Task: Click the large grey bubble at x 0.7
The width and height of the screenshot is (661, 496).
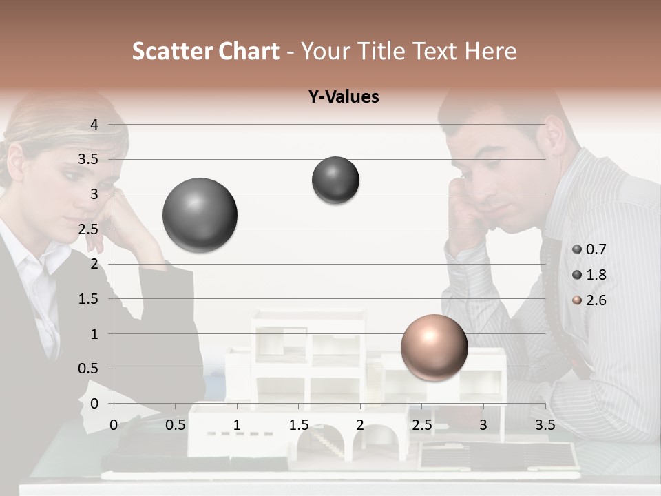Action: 200,215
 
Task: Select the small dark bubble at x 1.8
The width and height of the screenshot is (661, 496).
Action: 335,180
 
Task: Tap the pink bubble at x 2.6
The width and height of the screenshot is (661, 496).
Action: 434,347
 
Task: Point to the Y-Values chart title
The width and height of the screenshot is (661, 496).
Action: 344,97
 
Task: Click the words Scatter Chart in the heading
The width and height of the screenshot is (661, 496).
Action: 205,51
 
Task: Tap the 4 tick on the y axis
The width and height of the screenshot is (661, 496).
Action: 95,125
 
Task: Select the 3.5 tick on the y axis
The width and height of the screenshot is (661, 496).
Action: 89,160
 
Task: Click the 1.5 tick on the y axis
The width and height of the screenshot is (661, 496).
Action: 89,299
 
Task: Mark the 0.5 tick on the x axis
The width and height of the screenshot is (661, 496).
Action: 176,425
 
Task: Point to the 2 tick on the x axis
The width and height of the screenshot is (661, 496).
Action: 360,425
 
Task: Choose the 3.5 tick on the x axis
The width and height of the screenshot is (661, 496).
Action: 545,425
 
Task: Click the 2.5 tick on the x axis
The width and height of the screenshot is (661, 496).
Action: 421,425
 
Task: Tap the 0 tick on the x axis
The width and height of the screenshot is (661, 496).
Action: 114,425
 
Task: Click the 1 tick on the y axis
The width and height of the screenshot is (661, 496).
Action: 95,334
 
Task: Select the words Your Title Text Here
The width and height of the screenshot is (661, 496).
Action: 409,51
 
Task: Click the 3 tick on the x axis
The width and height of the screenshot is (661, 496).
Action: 483,425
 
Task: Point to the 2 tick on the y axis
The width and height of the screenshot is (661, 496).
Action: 95,264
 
